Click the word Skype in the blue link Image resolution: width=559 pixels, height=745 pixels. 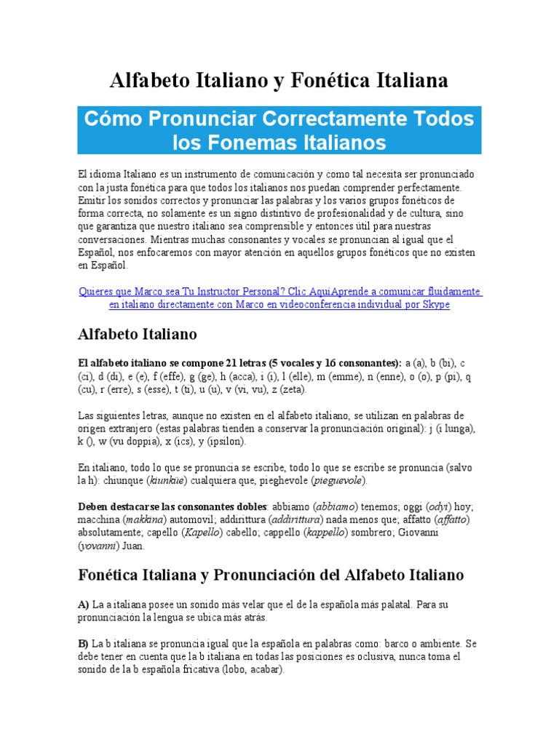[x=436, y=304]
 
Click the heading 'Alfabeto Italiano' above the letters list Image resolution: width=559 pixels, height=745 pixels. [x=137, y=335]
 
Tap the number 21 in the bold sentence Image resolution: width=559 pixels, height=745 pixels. [x=234, y=363]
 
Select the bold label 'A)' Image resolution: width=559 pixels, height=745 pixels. [x=83, y=605]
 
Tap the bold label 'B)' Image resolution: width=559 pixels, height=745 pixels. [x=83, y=644]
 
